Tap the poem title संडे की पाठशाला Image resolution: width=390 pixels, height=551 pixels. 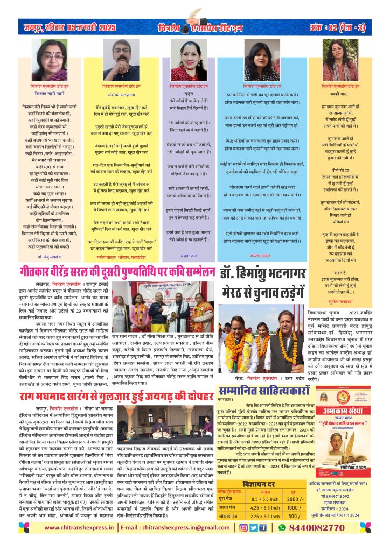pos(120,93)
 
